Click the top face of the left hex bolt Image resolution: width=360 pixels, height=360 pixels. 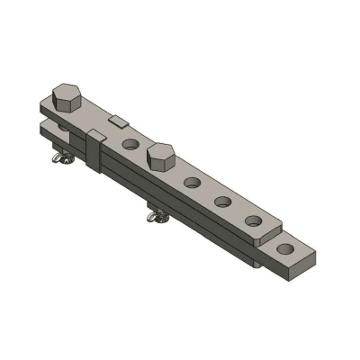66,92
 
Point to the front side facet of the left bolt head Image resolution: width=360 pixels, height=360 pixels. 68,109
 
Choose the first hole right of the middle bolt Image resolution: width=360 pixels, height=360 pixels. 191,183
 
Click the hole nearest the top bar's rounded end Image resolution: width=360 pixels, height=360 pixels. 254,220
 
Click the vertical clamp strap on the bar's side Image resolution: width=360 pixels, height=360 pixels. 93,150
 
